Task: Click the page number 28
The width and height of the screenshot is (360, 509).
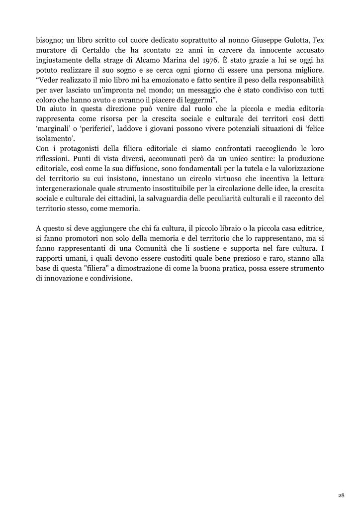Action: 341,496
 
